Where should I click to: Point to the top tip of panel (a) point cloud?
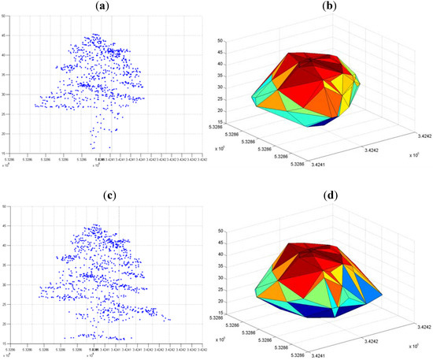(94, 34)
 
